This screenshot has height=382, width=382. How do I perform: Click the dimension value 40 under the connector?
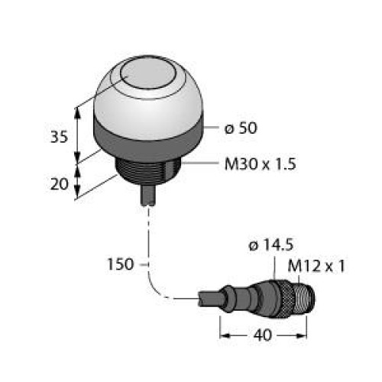click(x=264, y=335)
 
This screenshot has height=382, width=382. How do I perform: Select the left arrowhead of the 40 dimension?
click(x=224, y=335)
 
